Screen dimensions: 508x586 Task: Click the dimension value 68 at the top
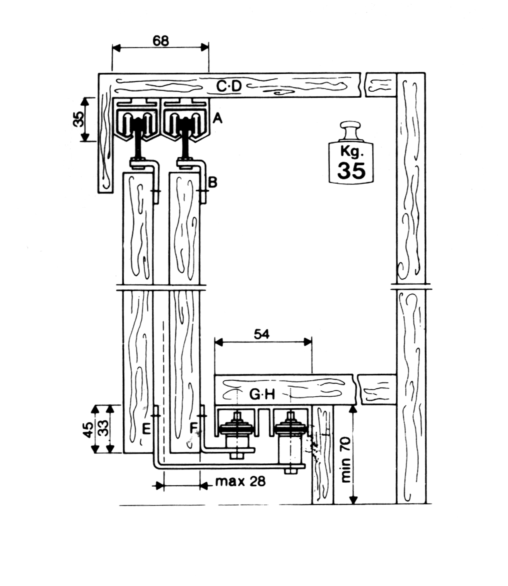click(x=161, y=41)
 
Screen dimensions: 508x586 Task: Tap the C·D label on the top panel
click(x=229, y=87)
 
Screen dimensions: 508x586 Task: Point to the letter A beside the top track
click(x=217, y=118)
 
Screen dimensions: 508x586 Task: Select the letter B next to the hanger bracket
click(x=213, y=182)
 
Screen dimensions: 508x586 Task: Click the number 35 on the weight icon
click(x=351, y=170)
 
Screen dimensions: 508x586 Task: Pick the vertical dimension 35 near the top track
click(x=81, y=119)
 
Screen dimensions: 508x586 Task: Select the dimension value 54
click(x=262, y=334)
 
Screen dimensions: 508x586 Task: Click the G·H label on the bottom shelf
click(x=262, y=395)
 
